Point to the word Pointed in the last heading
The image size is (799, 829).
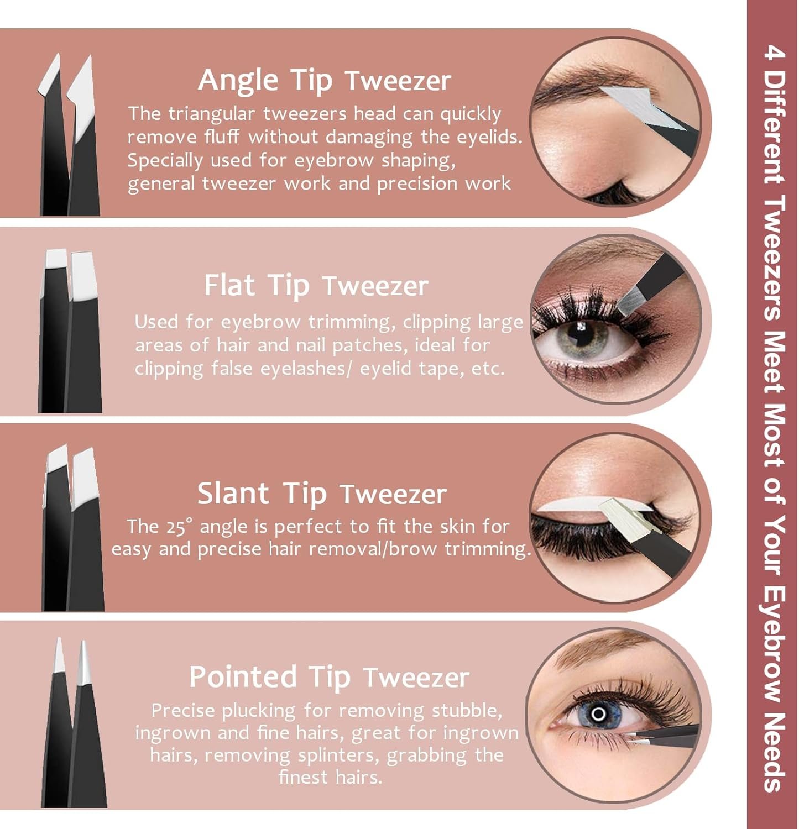tap(243, 676)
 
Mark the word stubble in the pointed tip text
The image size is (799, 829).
tap(467, 710)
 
